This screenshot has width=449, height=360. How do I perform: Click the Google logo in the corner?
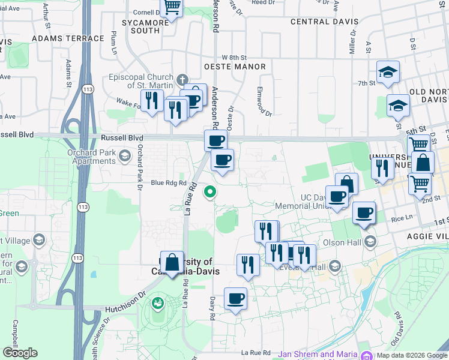tap(20, 353)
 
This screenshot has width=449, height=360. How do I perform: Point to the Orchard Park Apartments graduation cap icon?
tap(124, 157)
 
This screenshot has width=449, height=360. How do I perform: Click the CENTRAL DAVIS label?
tap(324, 22)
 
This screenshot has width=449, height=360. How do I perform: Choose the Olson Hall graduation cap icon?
tap(370, 242)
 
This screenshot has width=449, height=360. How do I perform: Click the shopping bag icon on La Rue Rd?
tap(172, 263)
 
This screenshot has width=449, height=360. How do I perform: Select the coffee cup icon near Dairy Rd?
tap(236, 298)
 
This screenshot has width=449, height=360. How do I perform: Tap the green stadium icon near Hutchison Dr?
tap(158, 303)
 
